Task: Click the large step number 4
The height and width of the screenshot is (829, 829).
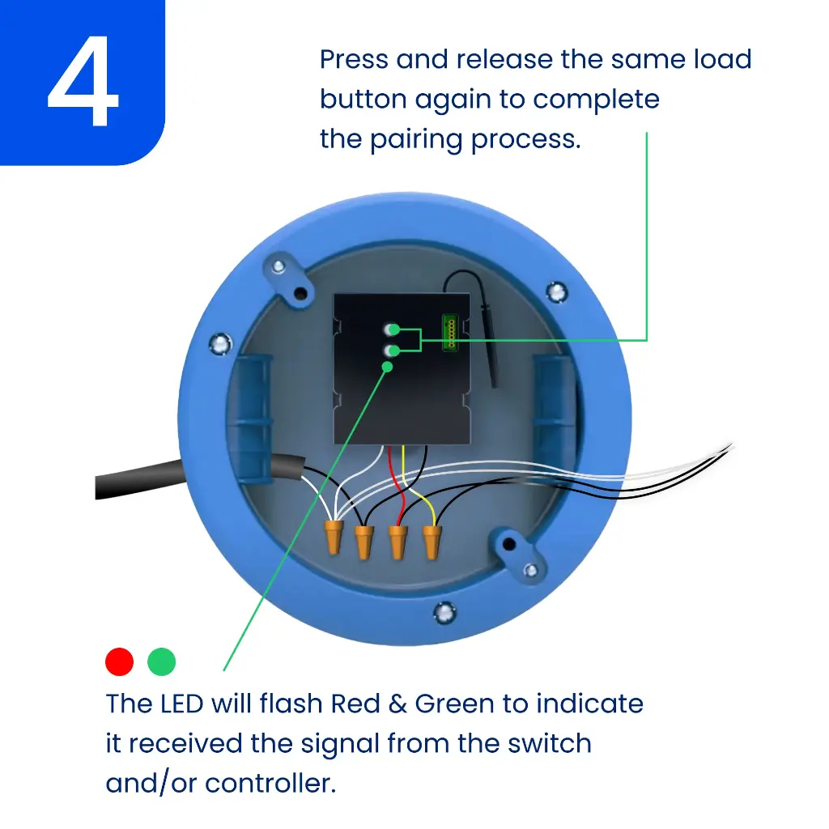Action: click(83, 83)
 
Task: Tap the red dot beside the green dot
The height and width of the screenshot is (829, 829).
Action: click(119, 661)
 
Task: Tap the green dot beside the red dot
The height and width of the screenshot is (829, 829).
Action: click(162, 661)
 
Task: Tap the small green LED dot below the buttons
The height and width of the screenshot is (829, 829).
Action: click(387, 367)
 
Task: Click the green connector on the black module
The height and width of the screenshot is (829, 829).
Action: click(449, 333)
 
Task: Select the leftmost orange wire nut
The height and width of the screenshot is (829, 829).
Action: click(332, 538)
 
